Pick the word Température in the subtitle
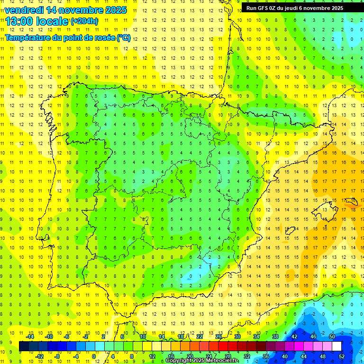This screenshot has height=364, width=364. click(27, 37)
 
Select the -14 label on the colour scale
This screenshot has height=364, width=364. click(30, 337)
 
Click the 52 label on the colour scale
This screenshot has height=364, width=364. click(342, 356)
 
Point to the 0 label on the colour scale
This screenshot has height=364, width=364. click(94, 356)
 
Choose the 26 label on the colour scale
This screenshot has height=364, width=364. click(218, 337)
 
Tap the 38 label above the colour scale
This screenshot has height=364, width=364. click(275, 337)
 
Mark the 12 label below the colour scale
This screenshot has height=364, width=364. click(152, 356)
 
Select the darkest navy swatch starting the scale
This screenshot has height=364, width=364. click(24, 346)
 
